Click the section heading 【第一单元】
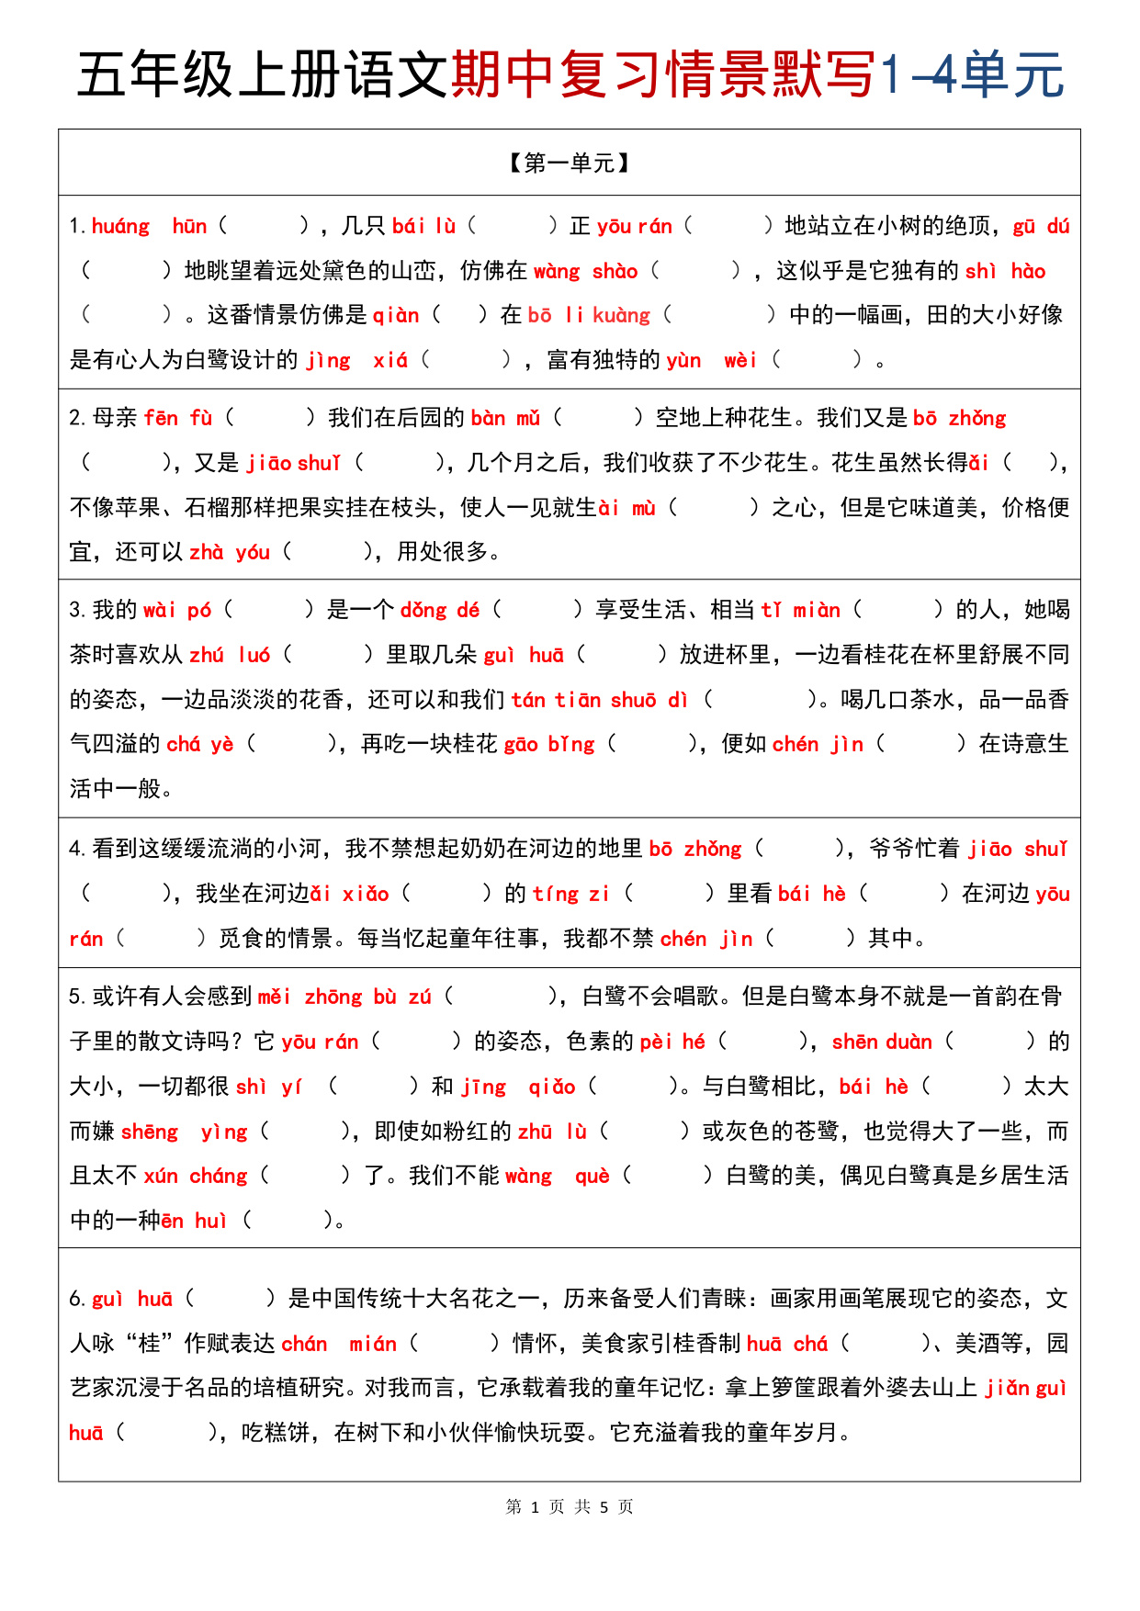point(570,163)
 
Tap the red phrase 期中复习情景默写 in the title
point(663,74)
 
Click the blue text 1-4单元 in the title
point(972,74)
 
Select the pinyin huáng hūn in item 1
point(149,227)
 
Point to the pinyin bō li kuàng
point(588,316)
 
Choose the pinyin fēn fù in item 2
point(178,419)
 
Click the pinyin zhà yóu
point(230,553)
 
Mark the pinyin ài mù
point(627,508)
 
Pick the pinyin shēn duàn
point(882,1042)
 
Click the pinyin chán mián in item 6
point(339,1345)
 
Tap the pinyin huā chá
point(787,1345)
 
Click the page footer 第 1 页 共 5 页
point(570,1507)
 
